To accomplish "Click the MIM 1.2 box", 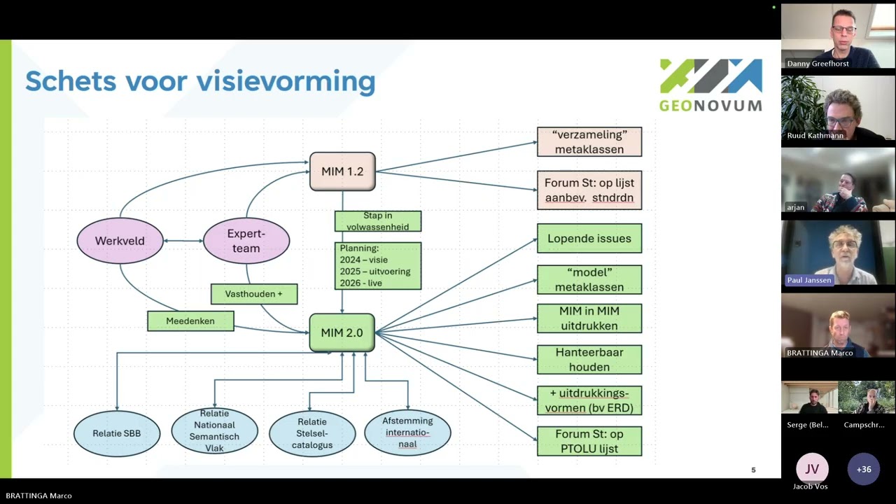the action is click(342, 171).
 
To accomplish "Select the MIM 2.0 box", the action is click(342, 332).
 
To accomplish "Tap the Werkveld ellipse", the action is click(120, 241).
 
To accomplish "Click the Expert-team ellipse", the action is click(246, 241).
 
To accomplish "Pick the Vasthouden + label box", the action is click(254, 294).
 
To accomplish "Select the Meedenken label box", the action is click(190, 321).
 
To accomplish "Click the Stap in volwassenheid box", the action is click(378, 221).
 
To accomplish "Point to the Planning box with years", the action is click(378, 265).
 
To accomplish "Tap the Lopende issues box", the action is click(589, 239).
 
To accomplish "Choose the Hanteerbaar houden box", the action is click(589, 360).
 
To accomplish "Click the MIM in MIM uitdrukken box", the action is click(589, 318).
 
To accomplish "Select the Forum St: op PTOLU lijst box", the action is click(589, 441).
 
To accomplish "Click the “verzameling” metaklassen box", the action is click(589, 141).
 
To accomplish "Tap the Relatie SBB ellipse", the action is click(117, 433).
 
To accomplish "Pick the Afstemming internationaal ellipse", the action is click(407, 433).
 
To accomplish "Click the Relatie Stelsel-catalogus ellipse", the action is click(312, 433).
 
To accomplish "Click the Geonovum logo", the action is click(710, 85).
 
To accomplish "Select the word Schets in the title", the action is click(71, 81).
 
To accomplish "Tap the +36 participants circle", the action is click(864, 469).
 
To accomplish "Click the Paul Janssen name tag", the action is click(809, 280).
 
